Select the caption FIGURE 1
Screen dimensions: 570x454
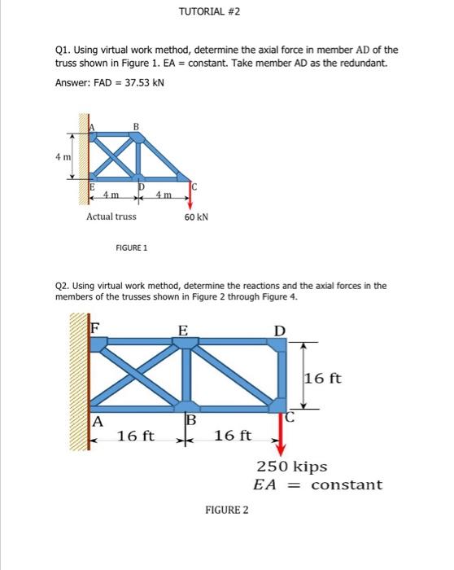(x=129, y=249)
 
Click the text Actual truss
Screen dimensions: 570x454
(x=111, y=217)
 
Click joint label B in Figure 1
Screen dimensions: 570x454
(x=137, y=125)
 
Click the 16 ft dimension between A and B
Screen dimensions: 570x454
(x=136, y=436)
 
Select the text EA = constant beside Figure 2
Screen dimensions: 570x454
(x=317, y=484)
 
